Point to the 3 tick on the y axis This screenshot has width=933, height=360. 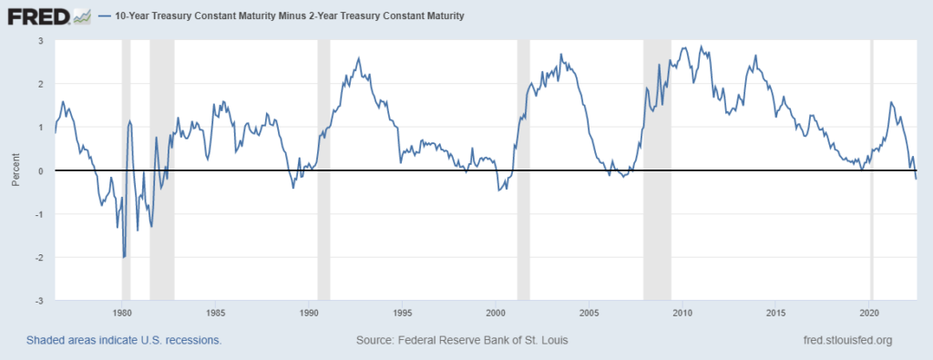click(40, 41)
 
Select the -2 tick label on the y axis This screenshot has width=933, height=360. click(38, 258)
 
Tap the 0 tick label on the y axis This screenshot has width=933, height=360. click(40, 171)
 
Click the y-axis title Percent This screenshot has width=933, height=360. click(15, 171)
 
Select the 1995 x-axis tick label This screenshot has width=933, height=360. click(403, 312)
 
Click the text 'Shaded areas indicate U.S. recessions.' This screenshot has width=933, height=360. click(124, 340)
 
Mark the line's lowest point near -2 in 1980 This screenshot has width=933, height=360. click(124, 258)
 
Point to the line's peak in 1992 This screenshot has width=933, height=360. click(358, 58)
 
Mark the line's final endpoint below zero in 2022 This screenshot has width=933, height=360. click(916, 179)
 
